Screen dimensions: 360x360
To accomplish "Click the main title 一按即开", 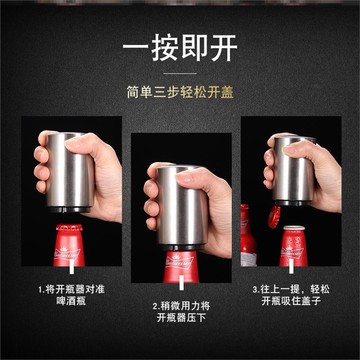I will tap(179, 47).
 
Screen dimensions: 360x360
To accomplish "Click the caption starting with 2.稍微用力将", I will tap(180, 305).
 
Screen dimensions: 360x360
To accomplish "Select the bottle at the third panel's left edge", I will tap(244, 245).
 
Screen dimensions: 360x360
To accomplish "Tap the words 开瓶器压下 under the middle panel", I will tap(180, 320).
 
